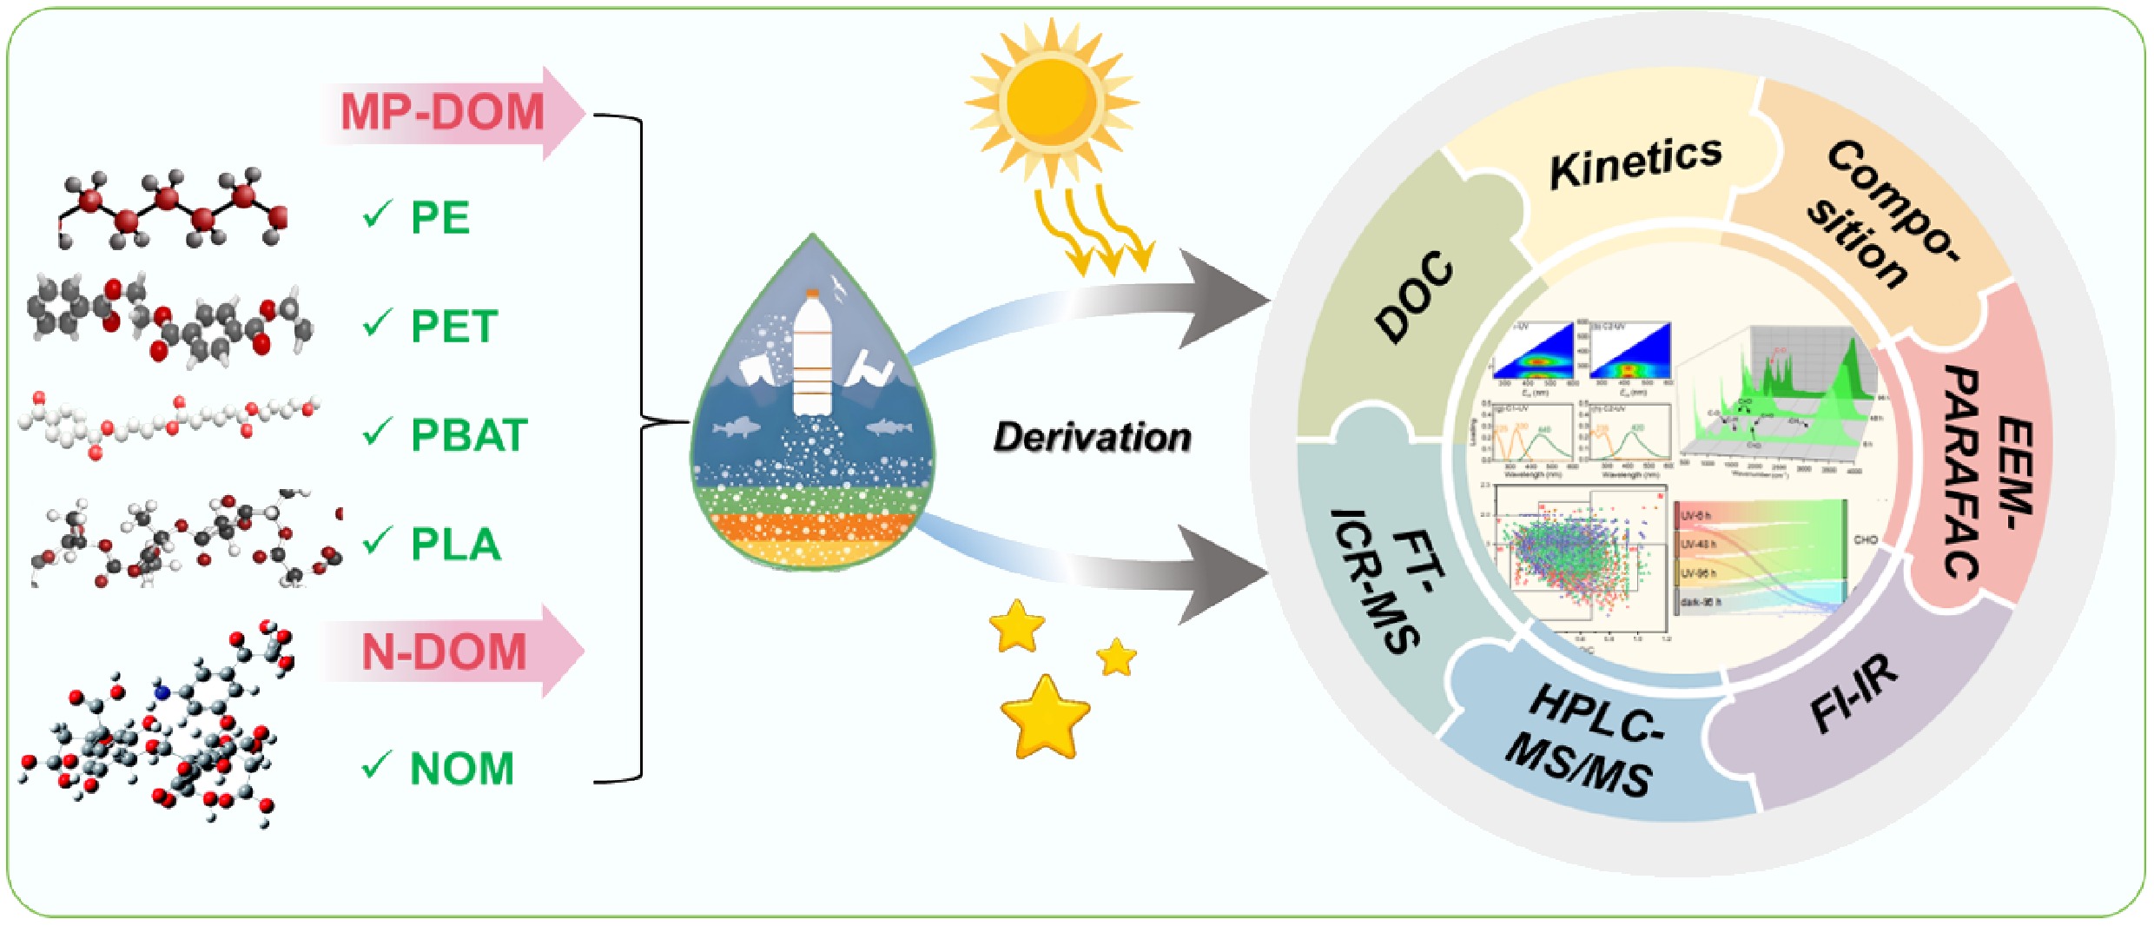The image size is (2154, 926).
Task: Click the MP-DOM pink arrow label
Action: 443,113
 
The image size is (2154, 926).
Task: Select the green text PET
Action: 453,327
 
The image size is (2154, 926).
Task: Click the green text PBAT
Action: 469,435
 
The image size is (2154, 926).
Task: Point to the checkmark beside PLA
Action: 377,542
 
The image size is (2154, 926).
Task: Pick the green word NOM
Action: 462,769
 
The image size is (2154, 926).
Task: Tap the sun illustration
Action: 1053,103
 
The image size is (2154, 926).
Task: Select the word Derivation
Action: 1092,437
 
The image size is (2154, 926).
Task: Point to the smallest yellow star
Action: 1116,658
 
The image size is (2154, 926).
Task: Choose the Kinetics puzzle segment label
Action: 1635,162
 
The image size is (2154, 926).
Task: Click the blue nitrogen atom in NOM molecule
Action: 162,691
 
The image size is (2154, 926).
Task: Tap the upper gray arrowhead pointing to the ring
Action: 1225,300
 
